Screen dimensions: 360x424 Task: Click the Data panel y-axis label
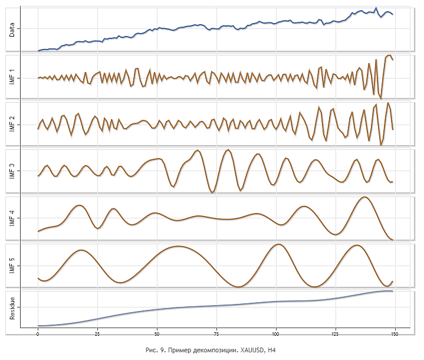[12, 28]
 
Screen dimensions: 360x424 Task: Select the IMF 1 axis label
[12, 77]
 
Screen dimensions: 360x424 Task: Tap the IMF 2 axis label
[12, 125]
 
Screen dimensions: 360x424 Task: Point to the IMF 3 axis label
[12, 171]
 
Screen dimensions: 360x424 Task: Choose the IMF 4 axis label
[12, 218]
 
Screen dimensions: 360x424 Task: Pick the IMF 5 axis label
[12, 266]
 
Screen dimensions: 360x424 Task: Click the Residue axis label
[12, 307]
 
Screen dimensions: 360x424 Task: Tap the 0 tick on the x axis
[38, 334]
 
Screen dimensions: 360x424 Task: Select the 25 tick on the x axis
[97, 334]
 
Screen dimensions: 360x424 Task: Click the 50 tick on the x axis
[157, 334]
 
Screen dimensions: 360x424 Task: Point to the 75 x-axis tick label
[216, 334]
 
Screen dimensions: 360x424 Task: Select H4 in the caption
[272, 351]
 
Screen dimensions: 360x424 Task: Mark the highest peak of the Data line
[376, 8]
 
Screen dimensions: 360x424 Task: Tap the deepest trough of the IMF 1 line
[381, 98]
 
